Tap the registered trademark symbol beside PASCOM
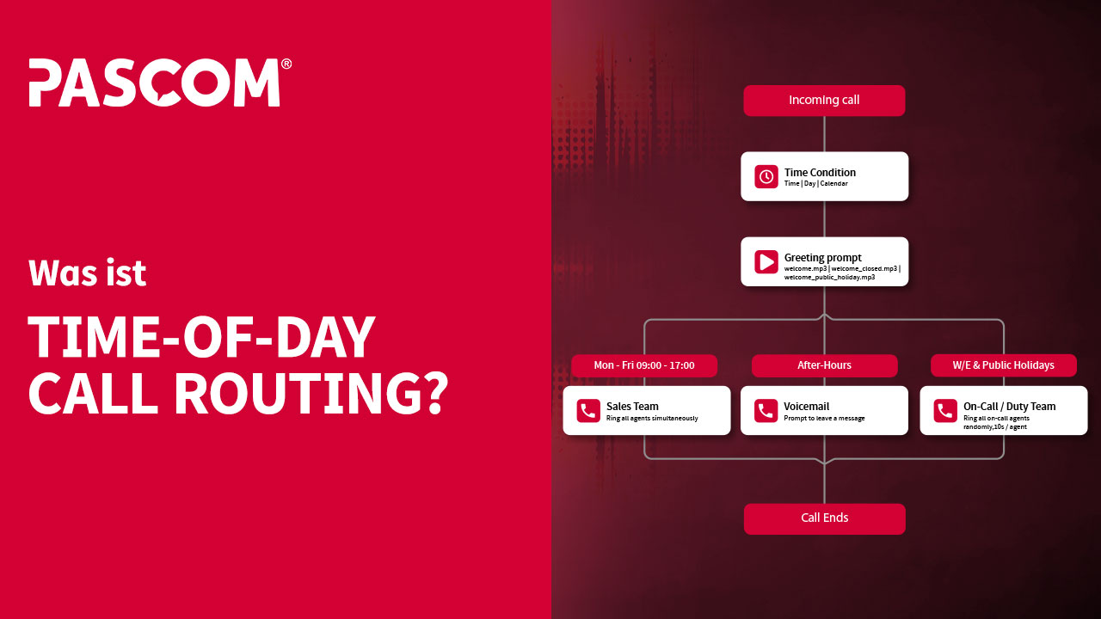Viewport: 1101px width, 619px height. [286, 64]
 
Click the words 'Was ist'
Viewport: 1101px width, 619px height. [88, 273]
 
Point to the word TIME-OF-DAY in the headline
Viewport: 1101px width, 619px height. [202, 337]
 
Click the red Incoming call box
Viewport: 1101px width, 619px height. [824, 101]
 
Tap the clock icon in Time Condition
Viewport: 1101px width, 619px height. [766, 176]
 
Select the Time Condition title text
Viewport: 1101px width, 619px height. [820, 172]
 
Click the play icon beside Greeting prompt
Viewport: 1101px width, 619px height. [766, 261]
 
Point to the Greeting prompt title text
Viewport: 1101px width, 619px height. [822, 257]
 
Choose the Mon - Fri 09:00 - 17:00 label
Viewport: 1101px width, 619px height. [644, 365]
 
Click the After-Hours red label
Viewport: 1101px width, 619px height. [824, 365]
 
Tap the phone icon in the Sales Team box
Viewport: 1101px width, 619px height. [588, 411]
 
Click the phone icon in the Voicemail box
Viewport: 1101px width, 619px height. [766, 411]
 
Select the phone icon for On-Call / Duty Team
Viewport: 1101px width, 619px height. [945, 411]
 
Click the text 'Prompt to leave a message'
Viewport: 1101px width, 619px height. [823, 419]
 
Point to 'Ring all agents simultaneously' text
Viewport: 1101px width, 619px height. [651, 419]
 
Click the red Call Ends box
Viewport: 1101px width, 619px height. [824, 518]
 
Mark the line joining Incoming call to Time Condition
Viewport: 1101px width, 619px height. [825, 134]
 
